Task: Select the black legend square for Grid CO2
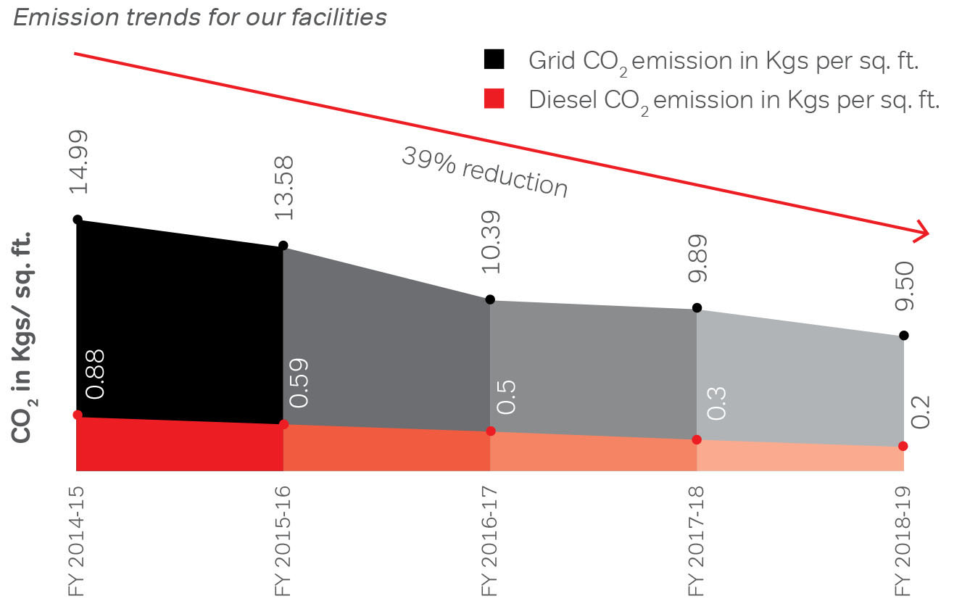[x=494, y=59]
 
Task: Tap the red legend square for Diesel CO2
[x=494, y=98]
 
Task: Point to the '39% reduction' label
[x=485, y=172]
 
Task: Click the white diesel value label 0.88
[x=94, y=375]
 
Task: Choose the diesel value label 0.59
[x=299, y=383]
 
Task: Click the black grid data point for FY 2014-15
[x=78, y=219]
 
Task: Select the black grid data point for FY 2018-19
[x=903, y=335]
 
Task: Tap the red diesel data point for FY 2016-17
[x=491, y=431]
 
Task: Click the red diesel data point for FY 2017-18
[x=697, y=439]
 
